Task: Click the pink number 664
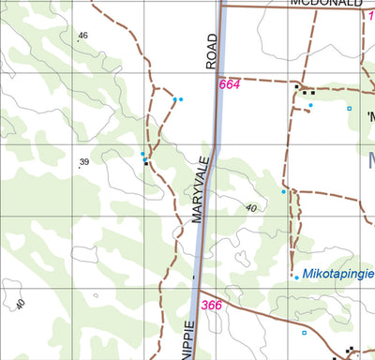(230, 85)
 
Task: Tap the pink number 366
(212, 305)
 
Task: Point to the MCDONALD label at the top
(325, 4)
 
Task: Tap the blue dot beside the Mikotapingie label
(296, 277)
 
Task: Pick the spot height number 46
(82, 36)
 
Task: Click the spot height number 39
(83, 162)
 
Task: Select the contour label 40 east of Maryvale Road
(250, 208)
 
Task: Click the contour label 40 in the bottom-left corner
(21, 304)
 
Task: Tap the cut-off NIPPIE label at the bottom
(187, 342)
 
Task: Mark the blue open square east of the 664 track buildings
(349, 109)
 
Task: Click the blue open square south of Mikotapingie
(303, 332)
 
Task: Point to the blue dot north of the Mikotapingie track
(283, 192)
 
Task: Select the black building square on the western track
(145, 162)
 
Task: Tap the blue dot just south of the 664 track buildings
(310, 106)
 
